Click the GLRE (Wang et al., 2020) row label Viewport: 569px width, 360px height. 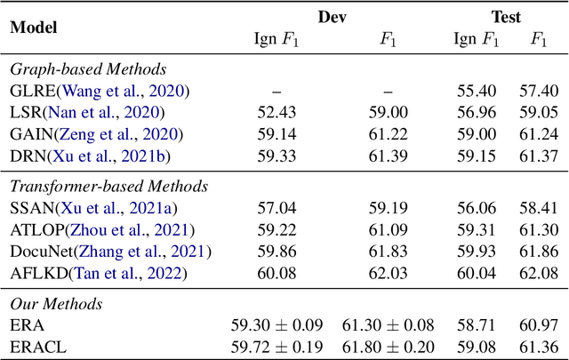[x=100, y=91]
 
